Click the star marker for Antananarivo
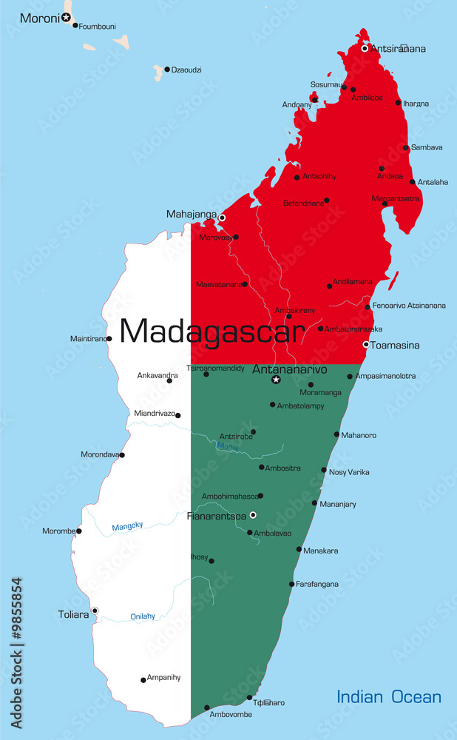(x=276, y=380)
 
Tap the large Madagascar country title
(x=212, y=331)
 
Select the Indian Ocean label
(x=389, y=696)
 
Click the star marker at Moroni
(x=67, y=17)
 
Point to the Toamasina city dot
(x=365, y=344)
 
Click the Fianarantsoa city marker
(x=253, y=514)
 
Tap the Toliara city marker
(x=95, y=610)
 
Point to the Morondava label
(x=99, y=454)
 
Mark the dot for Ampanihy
(x=143, y=679)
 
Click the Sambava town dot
(x=406, y=147)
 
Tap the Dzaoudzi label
(x=186, y=70)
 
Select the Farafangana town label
(x=317, y=585)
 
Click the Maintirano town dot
(x=109, y=339)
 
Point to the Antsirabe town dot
(x=253, y=431)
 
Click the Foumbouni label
(x=97, y=27)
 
